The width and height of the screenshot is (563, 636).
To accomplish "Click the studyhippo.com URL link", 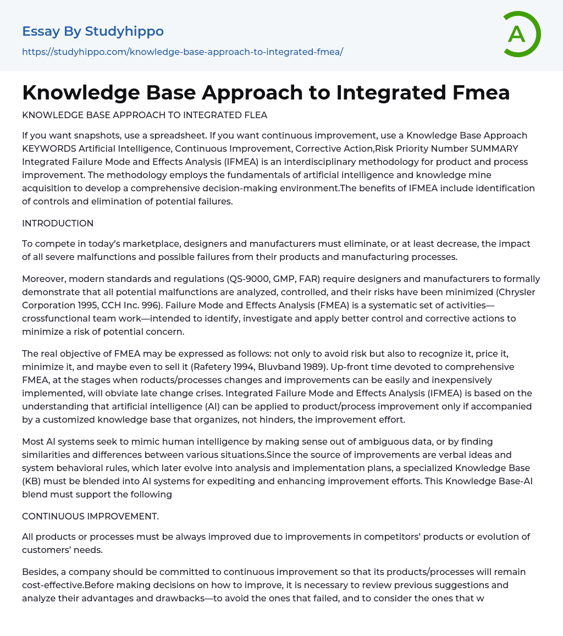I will (183, 52).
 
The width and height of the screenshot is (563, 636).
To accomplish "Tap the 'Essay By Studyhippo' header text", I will (93, 31).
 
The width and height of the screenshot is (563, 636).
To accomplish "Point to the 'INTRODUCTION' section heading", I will (58, 223).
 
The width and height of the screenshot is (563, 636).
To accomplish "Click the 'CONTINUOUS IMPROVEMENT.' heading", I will (90, 516).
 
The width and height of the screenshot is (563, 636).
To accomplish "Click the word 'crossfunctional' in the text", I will (54, 319).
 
